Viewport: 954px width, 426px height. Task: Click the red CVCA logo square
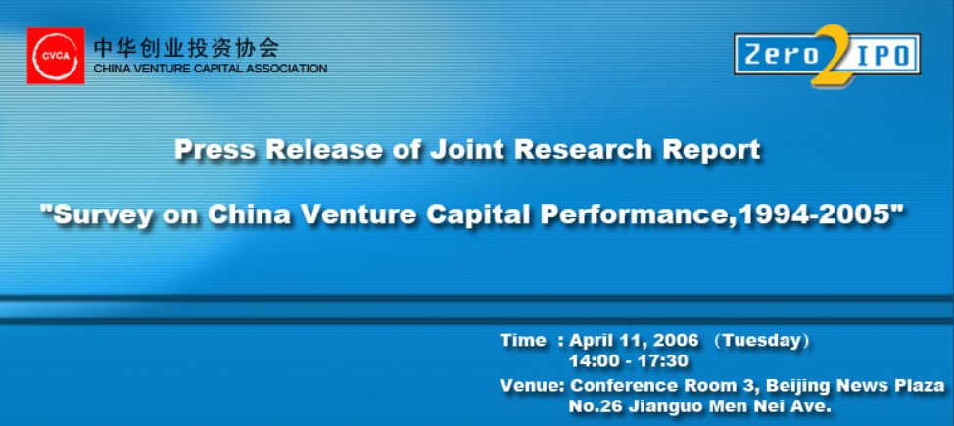point(56,56)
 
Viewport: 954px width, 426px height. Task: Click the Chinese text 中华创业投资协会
point(185,47)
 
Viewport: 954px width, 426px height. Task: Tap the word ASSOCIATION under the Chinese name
point(287,69)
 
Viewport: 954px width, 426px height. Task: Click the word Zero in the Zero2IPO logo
point(782,56)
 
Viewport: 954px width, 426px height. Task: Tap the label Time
point(523,340)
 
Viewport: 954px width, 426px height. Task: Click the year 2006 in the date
point(677,340)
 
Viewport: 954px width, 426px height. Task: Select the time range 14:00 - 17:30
point(629,361)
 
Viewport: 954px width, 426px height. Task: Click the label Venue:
point(533,385)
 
